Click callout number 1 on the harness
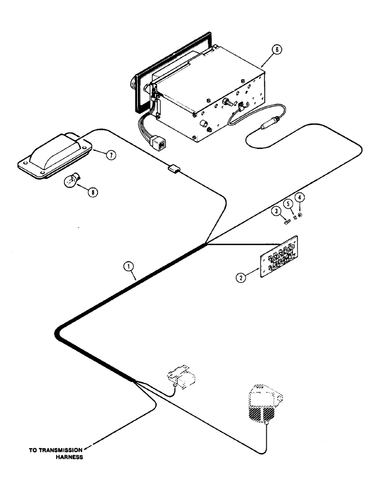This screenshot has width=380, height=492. coord(128,267)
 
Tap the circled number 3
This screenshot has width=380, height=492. coord(277,212)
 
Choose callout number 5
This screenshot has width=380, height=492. coord(288,203)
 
